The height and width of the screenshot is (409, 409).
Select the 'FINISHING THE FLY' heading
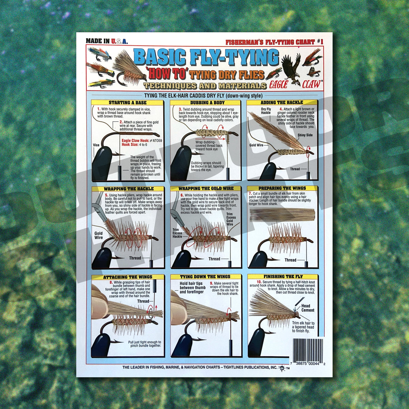pos(283,277)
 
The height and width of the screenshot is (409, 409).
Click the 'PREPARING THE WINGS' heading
pos(282,188)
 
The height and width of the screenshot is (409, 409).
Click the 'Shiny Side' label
pos(305,135)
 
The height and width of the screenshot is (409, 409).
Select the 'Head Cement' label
pos(308,308)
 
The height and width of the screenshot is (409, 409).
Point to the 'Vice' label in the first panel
pos(96,145)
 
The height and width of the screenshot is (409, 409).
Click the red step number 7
pos(251,193)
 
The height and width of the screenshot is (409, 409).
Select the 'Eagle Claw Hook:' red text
pos(135,140)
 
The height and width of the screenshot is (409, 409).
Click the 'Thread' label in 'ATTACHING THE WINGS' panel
pos(143,301)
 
